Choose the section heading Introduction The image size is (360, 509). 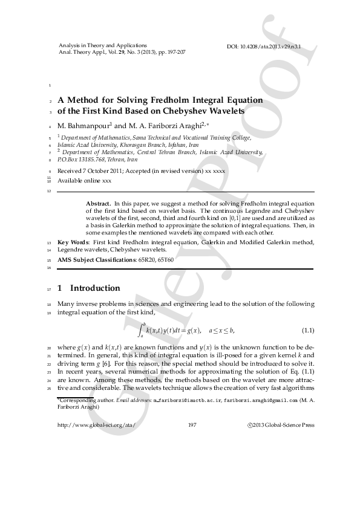pos(96,288)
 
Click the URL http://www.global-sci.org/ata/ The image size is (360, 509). pos(96,425)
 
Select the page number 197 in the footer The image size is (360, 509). pos(193,425)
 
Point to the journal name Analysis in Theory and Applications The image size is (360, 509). pos(102,45)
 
